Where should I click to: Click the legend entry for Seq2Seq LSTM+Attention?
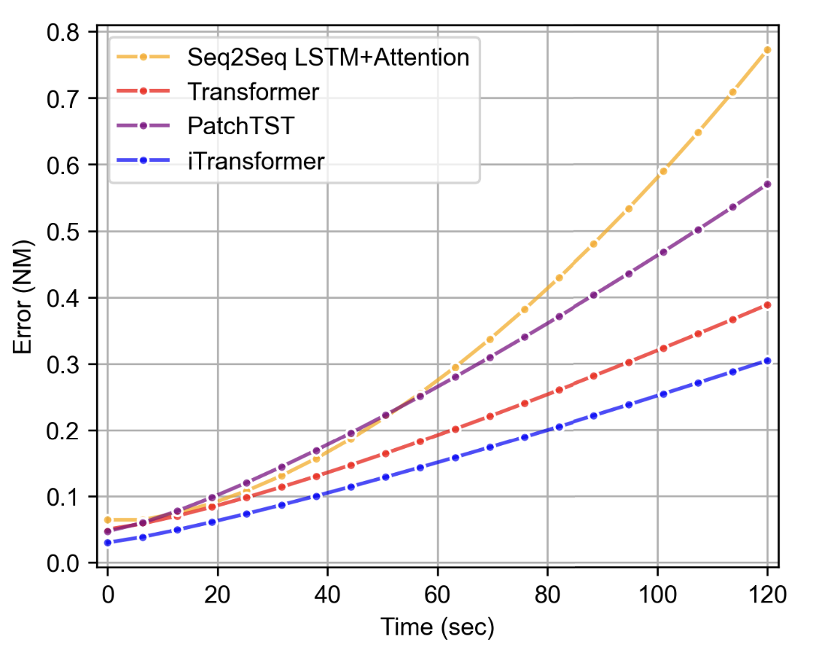[328, 57]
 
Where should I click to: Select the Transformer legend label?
[253, 92]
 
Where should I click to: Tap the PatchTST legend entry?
[240, 126]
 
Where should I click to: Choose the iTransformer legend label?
[255, 160]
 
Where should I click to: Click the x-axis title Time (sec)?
[437, 625]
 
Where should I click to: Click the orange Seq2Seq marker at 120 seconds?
[767, 50]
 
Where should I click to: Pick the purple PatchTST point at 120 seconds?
[767, 184]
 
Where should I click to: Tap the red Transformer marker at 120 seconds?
[767, 305]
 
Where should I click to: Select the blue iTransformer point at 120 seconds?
[767, 361]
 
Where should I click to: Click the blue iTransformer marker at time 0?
[107, 543]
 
